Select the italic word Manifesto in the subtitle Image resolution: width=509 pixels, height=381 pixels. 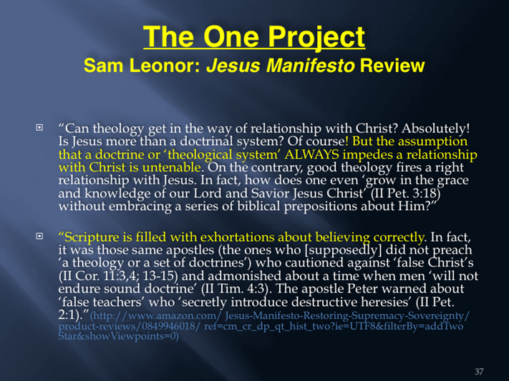310,66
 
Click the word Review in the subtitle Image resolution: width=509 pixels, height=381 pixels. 392,66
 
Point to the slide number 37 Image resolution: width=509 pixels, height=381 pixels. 479,371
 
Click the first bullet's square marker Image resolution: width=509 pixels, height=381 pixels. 39,127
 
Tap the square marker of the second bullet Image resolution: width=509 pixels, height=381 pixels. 39,236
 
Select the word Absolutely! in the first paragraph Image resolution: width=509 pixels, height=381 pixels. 436,129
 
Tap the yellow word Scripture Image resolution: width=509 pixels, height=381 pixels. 90,237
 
